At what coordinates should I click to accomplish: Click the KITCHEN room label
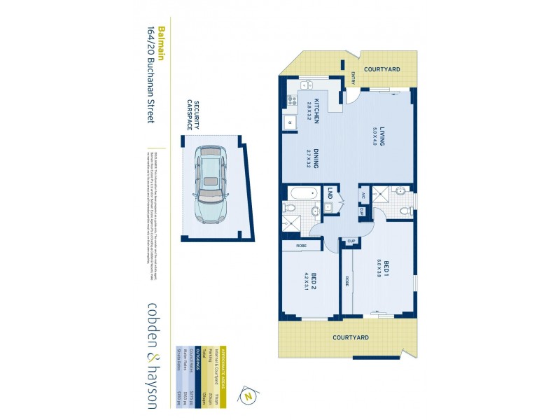[x=317, y=110]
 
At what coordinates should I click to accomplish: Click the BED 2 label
[x=315, y=281]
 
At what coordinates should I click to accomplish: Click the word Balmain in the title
[x=161, y=45]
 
